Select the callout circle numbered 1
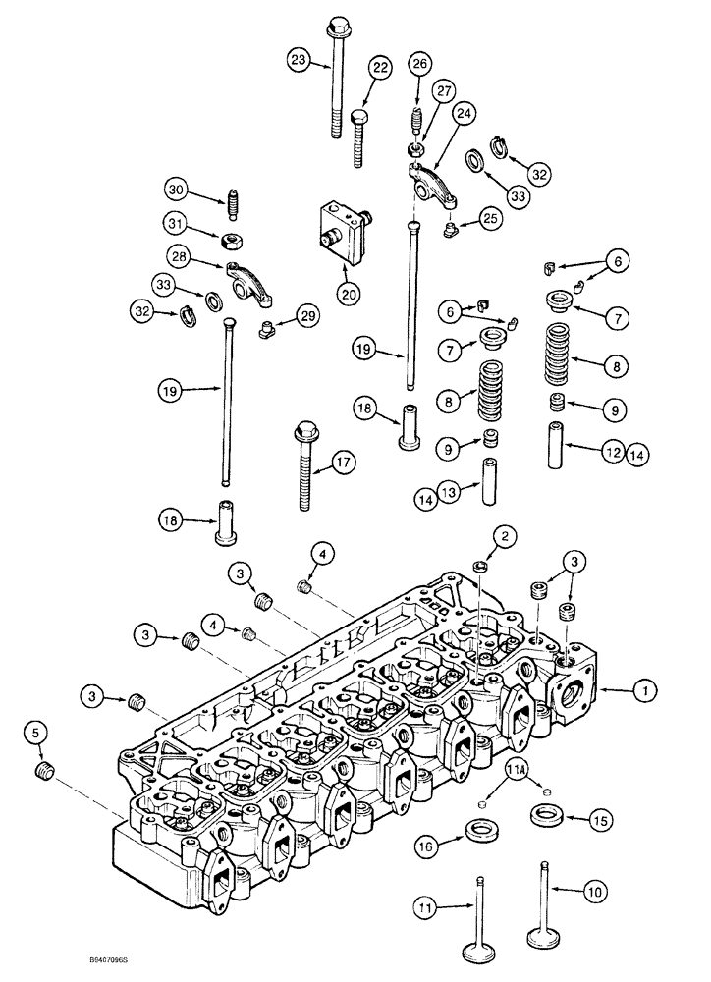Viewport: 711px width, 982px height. (643, 692)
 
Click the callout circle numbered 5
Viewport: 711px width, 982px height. (36, 732)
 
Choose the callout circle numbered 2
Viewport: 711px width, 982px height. (505, 536)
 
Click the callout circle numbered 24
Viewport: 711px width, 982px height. (460, 114)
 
